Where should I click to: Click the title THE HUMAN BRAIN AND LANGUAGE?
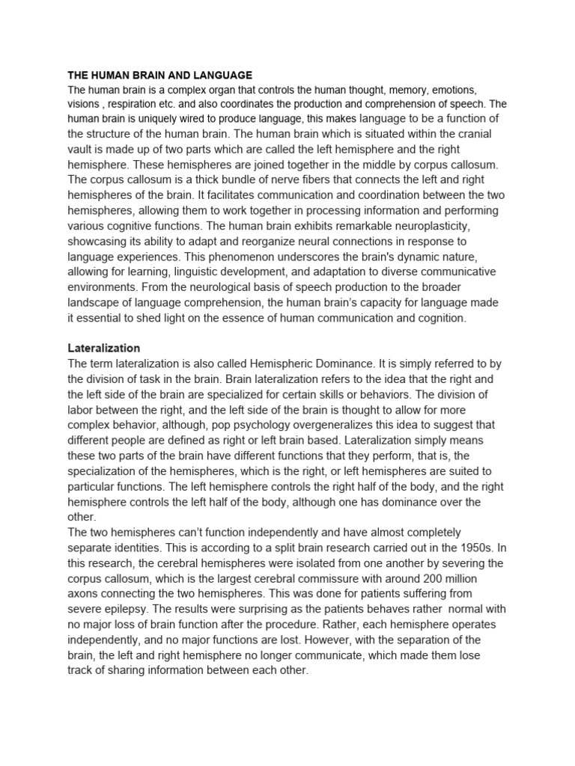tap(160, 76)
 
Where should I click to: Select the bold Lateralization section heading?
tap(104, 349)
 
